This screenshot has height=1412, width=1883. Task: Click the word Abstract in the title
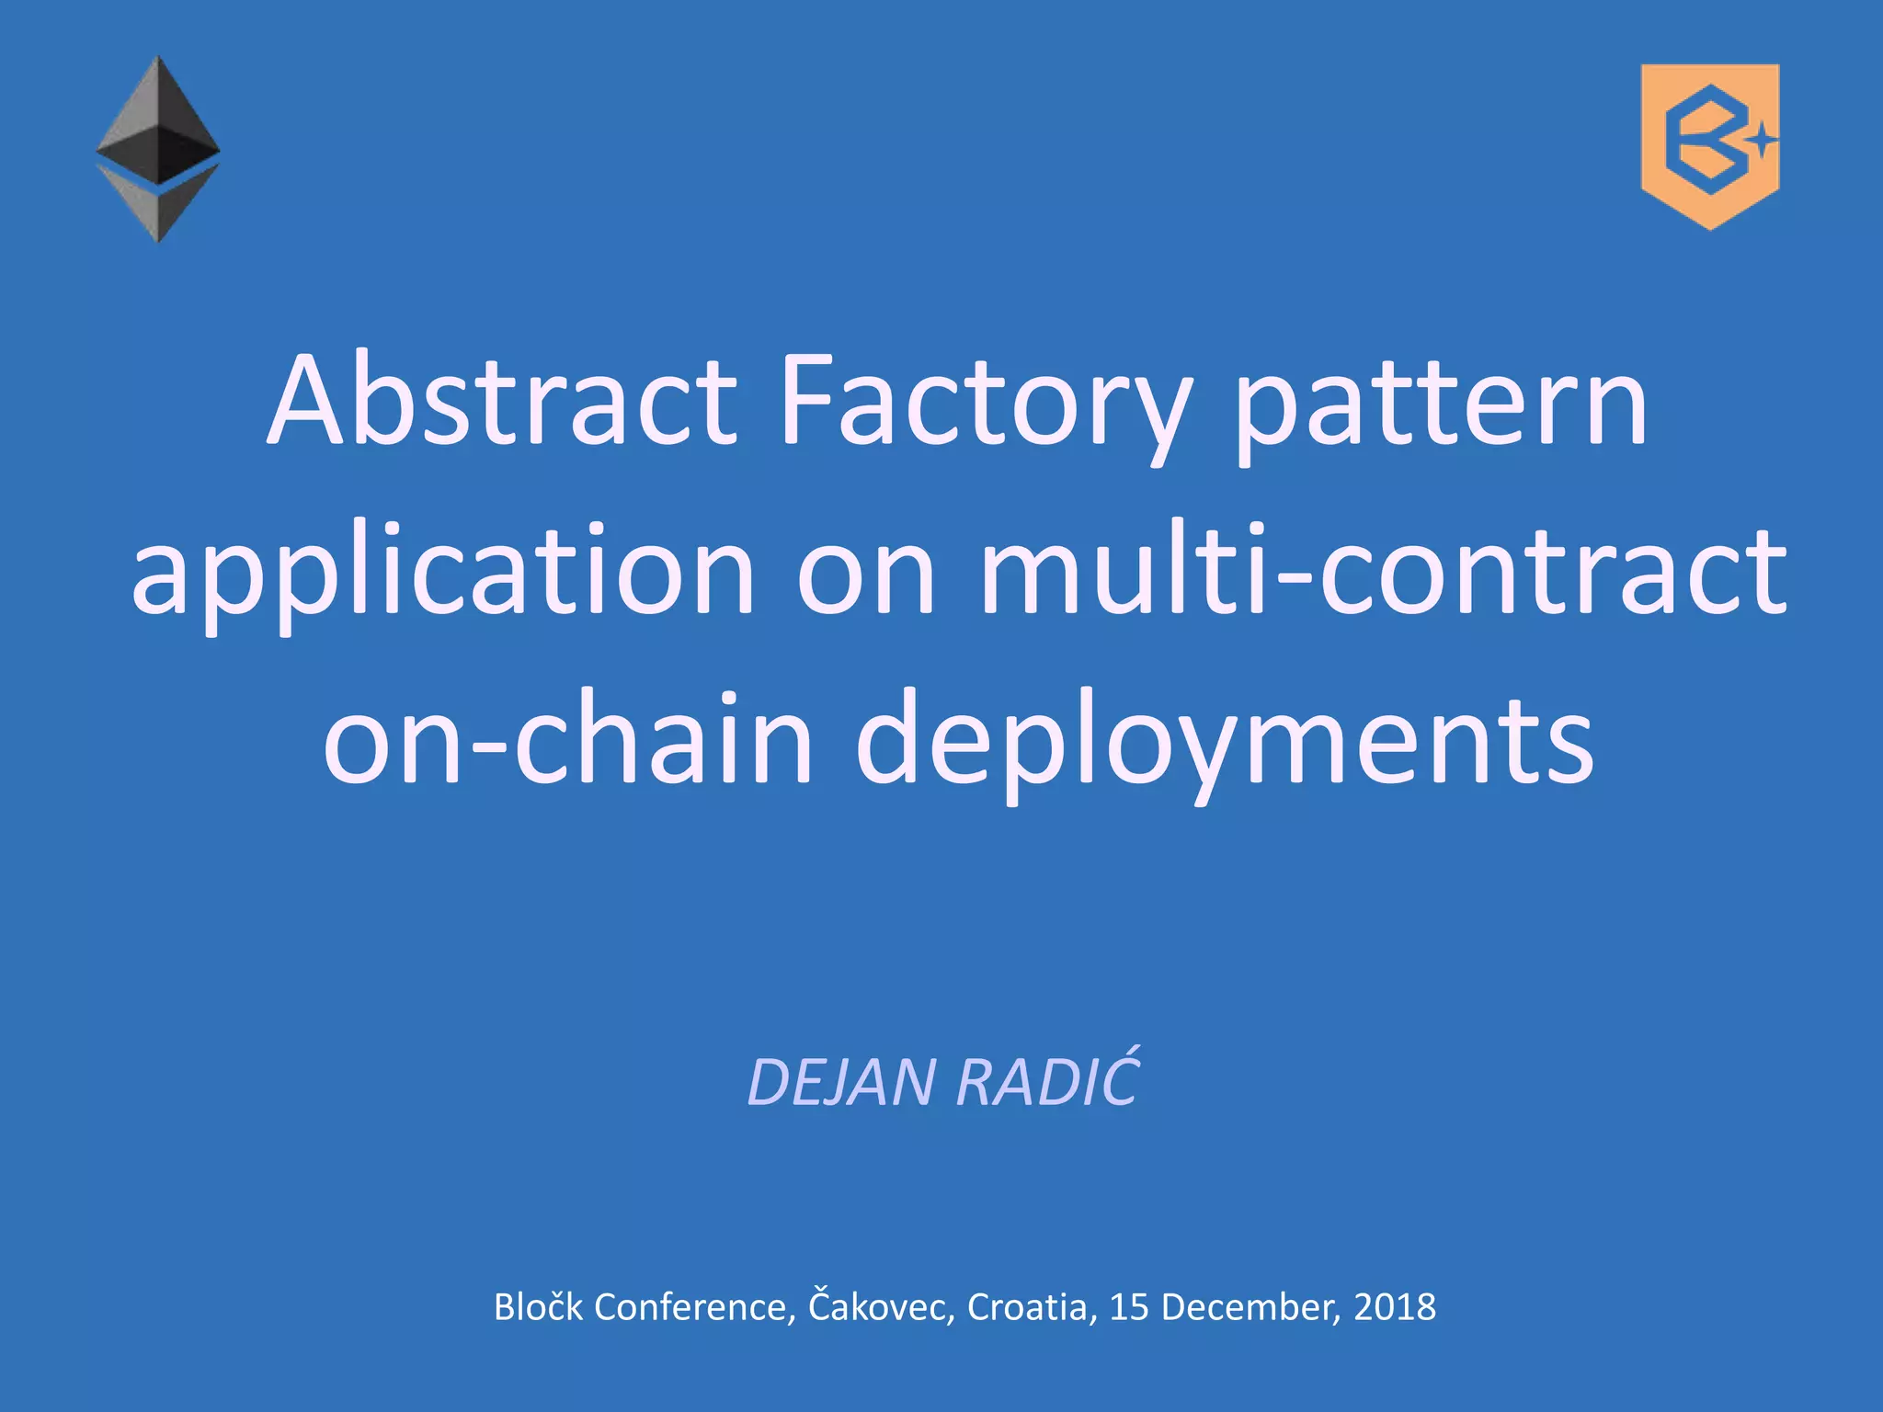[501, 401]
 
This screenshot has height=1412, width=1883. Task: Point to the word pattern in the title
[1442, 401]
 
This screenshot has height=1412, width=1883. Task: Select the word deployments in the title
[1225, 739]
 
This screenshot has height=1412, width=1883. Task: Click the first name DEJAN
[842, 1082]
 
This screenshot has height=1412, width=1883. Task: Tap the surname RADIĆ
[1048, 1082]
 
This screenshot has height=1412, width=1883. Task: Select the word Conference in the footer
[695, 1306]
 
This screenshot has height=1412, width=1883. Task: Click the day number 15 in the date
[1129, 1306]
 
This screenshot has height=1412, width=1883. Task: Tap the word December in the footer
[1252, 1306]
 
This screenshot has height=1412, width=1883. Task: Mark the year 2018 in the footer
[1395, 1306]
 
